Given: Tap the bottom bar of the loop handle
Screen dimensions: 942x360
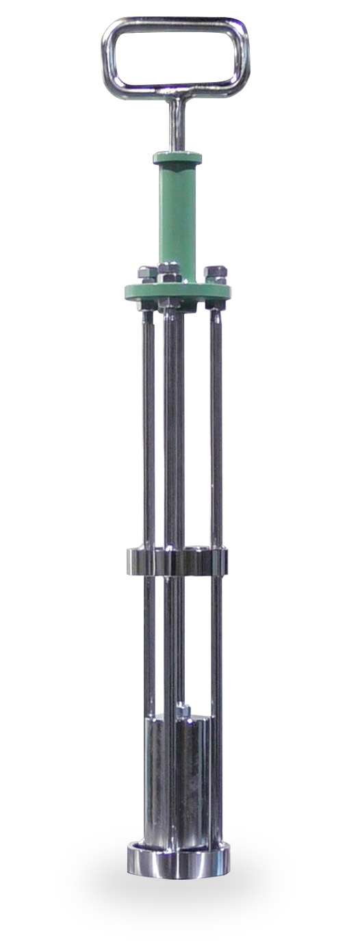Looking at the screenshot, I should (175, 89).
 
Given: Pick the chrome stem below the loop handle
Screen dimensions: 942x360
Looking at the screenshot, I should (177, 123).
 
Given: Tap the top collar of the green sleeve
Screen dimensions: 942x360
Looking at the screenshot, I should (177, 158).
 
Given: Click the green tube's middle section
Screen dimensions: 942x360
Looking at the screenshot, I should (177, 212).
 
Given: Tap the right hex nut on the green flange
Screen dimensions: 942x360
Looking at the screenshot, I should (215, 273).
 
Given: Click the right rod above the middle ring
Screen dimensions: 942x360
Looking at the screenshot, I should (216, 424).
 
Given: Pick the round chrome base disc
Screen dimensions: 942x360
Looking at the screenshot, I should (178, 862).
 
